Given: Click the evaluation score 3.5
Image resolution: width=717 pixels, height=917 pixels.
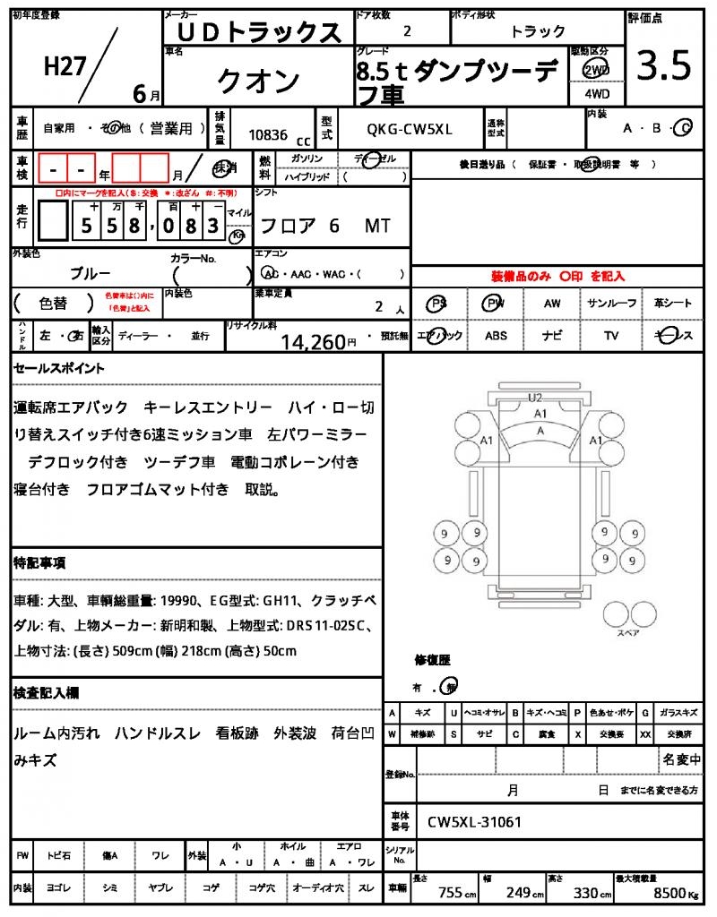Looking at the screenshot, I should click(x=663, y=66).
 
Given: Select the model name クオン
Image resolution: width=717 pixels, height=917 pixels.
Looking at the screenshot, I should click(x=258, y=81).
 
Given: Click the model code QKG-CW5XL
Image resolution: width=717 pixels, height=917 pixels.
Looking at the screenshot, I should click(x=410, y=130).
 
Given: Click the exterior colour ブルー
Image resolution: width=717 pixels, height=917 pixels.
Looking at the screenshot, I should click(x=91, y=272).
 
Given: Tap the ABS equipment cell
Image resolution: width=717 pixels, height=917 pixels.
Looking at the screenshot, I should click(x=497, y=336).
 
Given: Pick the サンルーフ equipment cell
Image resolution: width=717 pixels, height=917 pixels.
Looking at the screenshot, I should click(x=612, y=304).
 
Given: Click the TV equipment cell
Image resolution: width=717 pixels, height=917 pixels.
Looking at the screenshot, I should click(x=611, y=336).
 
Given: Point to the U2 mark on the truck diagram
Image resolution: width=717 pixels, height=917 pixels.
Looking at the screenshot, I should click(x=535, y=397).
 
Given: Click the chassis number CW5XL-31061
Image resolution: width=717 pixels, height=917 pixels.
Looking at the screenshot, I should click(x=474, y=821).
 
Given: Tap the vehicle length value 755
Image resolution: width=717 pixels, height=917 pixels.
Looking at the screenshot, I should click(x=450, y=893).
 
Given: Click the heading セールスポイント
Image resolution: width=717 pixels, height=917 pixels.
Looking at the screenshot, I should click(x=59, y=368).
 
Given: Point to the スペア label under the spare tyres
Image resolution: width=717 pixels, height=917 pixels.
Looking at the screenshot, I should click(x=627, y=632).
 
